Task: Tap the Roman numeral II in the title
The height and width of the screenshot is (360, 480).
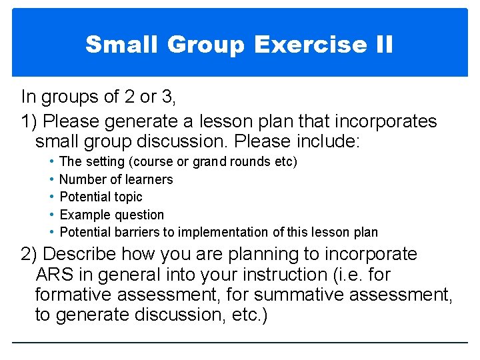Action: point(382,45)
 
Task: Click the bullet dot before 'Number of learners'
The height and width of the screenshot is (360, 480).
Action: point(52,179)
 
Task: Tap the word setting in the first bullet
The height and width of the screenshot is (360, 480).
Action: point(103,162)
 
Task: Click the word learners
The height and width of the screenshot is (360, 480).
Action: point(149,179)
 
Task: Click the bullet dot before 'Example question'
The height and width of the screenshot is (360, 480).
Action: point(52,215)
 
